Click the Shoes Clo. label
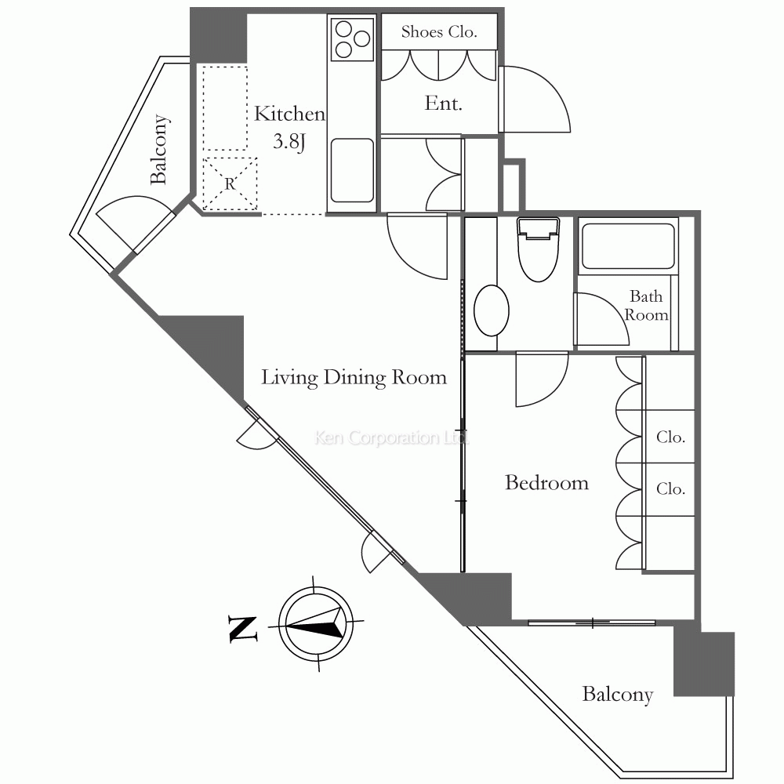[438, 32]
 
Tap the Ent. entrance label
[443, 103]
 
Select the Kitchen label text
[289, 114]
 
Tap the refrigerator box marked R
[230, 184]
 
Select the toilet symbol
[537, 249]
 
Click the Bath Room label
[648, 306]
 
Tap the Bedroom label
[546, 483]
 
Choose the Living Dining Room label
[354, 378]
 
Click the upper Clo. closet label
[670, 437]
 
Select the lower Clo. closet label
[670, 488]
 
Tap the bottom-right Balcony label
[617, 695]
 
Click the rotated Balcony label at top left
[159, 149]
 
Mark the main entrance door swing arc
[541, 98]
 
